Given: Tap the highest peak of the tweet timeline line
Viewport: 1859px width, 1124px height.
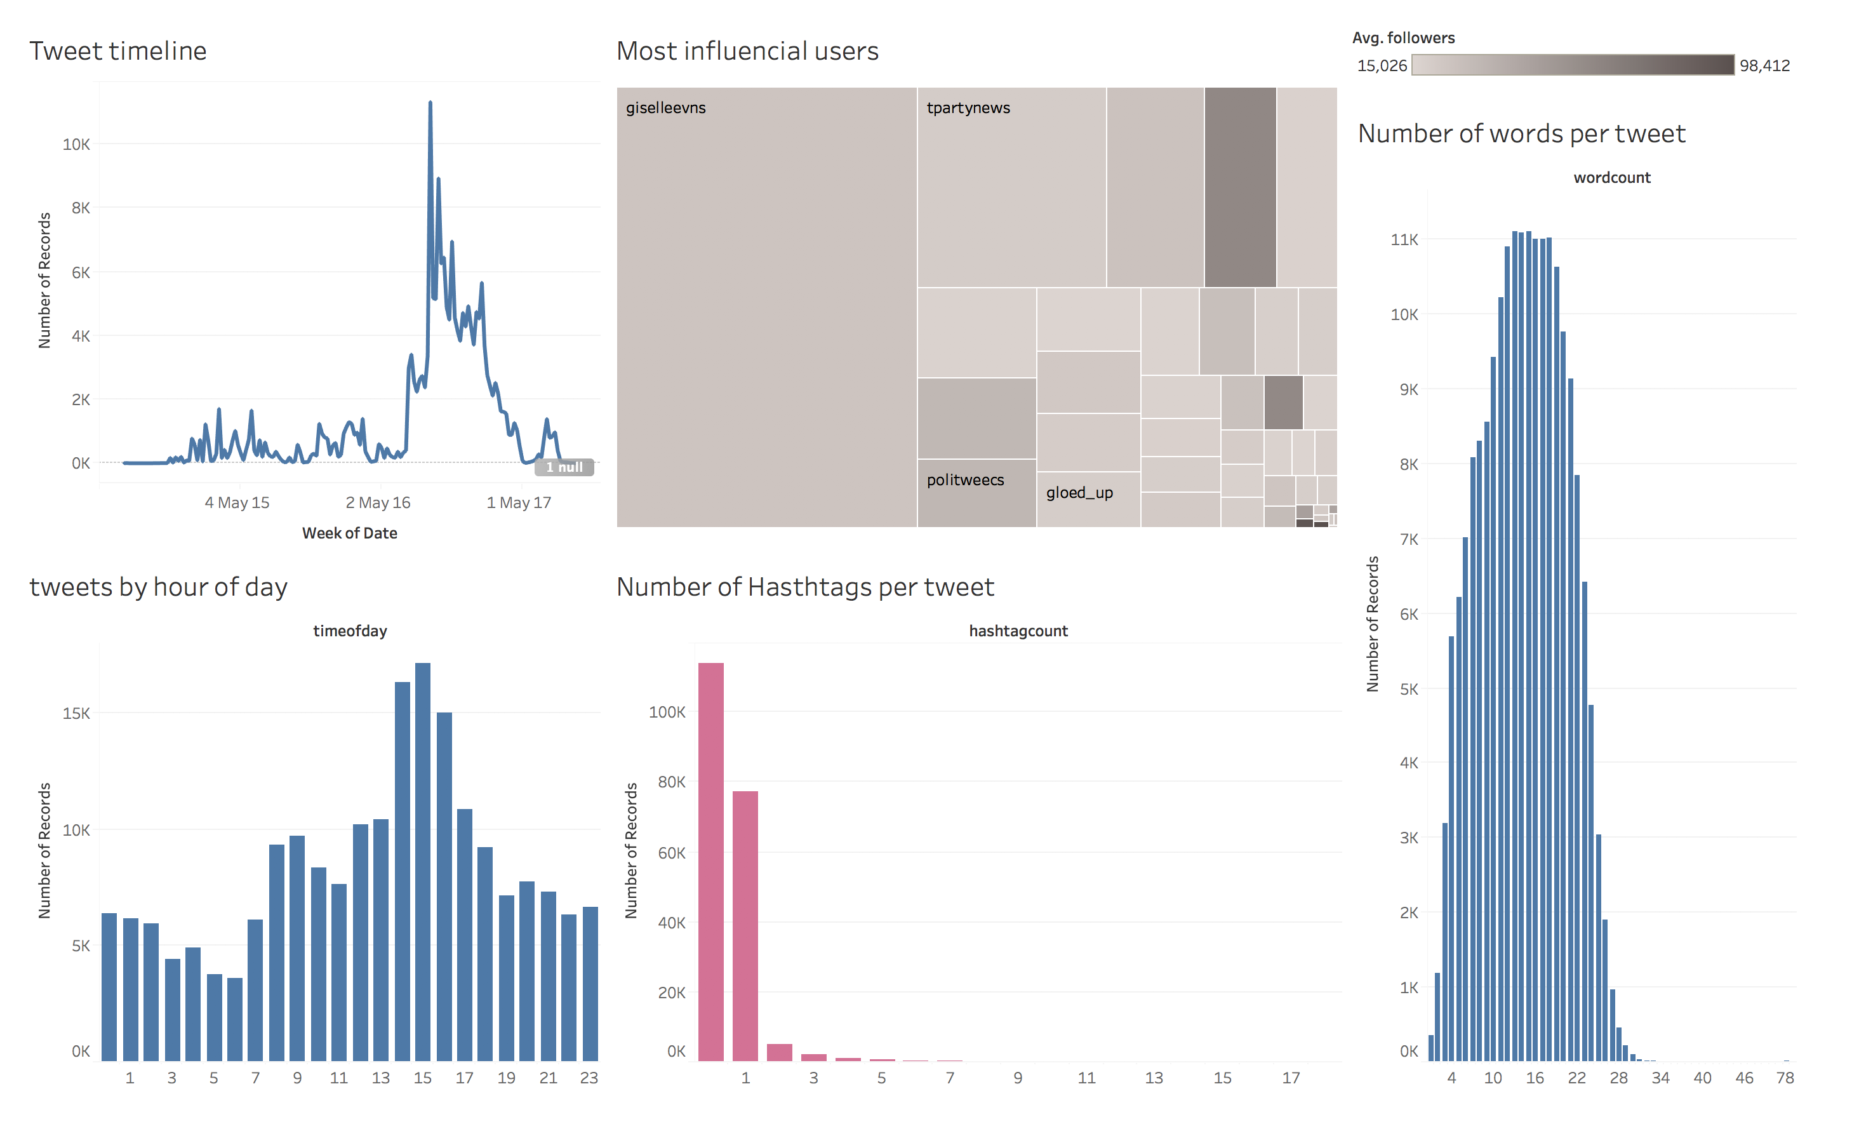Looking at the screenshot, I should tap(430, 104).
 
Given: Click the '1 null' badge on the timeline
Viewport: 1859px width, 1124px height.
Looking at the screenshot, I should tap(564, 467).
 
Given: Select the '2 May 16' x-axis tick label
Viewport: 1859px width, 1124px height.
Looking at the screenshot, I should tap(377, 502).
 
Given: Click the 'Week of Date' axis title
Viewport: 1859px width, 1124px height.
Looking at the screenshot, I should tap(349, 533).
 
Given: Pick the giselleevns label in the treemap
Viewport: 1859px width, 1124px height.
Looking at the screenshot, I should tap(665, 108).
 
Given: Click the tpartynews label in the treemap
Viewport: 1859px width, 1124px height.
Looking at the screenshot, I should tap(968, 108).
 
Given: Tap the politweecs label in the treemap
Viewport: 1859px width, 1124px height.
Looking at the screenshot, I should tap(965, 480).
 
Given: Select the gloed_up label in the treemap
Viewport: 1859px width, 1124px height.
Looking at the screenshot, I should tap(1079, 493).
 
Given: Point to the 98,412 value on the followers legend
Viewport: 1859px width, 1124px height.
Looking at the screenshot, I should tap(1764, 65).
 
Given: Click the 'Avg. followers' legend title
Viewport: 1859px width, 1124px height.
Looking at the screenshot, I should tap(1403, 37).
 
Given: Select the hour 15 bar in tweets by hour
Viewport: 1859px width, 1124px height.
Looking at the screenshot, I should tap(422, 860).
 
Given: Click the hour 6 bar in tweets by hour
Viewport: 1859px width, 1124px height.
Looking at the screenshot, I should tap(235, 1019).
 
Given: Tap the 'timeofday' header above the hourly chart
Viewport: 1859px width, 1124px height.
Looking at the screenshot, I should tap(349, 631).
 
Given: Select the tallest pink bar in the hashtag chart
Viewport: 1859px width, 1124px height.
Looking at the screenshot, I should tap(710, 860).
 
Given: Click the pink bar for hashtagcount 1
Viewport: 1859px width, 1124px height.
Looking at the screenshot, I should tap(745, 925).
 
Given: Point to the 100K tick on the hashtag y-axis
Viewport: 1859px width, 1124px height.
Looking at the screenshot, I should tap(667, 712).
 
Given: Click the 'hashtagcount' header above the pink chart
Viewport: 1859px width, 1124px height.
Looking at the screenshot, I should tap(1018, 631).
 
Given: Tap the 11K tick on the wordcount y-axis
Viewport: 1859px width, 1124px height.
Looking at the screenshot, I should tap(1403, 240).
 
